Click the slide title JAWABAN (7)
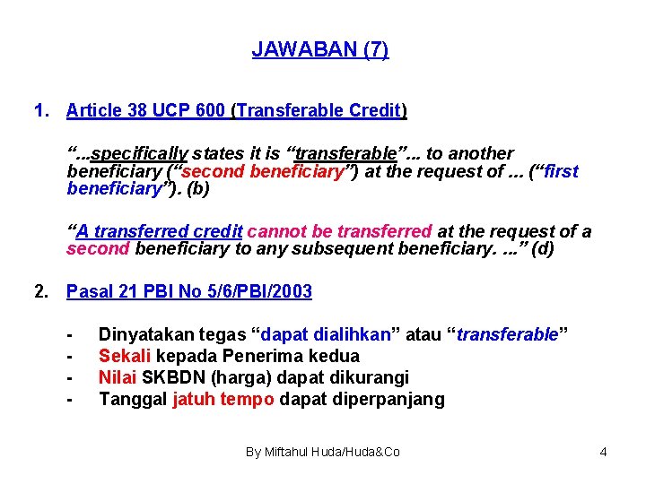click(320, 49)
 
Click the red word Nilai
click(117, 377)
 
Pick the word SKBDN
click(169, 377)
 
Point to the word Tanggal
click(133, 399)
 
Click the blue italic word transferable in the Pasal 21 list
click(508, 335)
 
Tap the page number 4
click(603, 452)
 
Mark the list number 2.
click(39, 291)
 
